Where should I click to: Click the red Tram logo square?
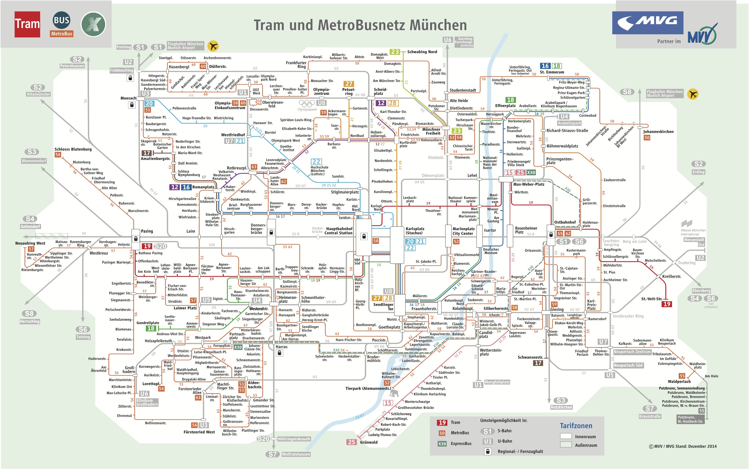[x=27, y=24]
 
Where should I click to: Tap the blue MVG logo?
[x=648, y=23]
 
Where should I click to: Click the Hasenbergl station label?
[x=179, y=67]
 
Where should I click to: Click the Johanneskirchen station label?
[x=658, y=131]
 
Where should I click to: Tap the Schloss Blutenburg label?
[x=73, y=149]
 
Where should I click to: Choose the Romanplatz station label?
[x=203, y=187]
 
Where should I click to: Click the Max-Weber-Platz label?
[x=529, y=184]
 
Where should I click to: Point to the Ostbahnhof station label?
[x=565, y=222]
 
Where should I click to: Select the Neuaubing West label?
[x=30, y=243]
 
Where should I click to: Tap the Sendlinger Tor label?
[x=383, y=307]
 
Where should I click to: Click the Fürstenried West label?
[x=199, y=432]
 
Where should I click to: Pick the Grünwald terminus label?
[x=369, y=442]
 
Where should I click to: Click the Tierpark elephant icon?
[x=394, y=393]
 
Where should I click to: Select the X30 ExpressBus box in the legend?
[x=442, y=443]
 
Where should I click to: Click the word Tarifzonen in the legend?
[x=576, y=426]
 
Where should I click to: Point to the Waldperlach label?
[x=679, y=382]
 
